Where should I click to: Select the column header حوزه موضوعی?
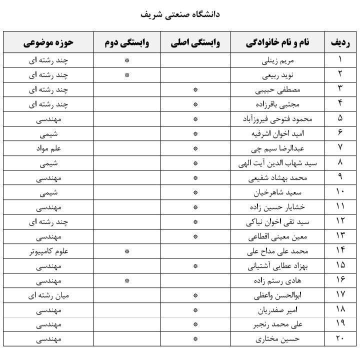(x=48, y=42)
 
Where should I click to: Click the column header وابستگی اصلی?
(x=195, y=42)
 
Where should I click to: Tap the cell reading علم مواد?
(x=48, y=149)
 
